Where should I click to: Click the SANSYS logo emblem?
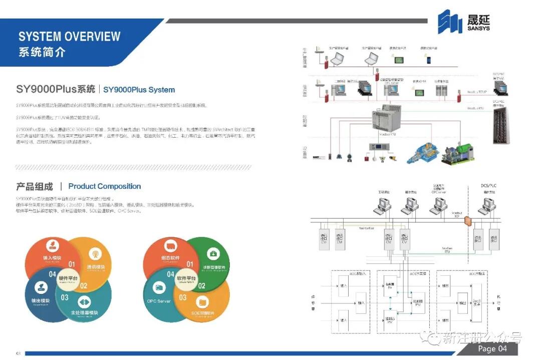coord(450,22)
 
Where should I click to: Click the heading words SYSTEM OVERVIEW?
coord(69,37)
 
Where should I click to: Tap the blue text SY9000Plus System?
coord(139,90)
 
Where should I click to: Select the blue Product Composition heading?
coord(105,186)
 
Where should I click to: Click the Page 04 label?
coord(492,348)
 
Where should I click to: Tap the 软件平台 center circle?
coord(186,279)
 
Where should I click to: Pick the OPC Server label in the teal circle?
coord(159,301)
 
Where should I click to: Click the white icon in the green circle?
coord(213,254)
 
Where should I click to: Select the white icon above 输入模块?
coord(52,245)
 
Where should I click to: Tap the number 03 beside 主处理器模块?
coord(65,297)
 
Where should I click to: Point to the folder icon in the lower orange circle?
coord(203,302)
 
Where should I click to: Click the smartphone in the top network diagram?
coord(429,60)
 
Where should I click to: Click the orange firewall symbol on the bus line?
coord(467,220)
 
